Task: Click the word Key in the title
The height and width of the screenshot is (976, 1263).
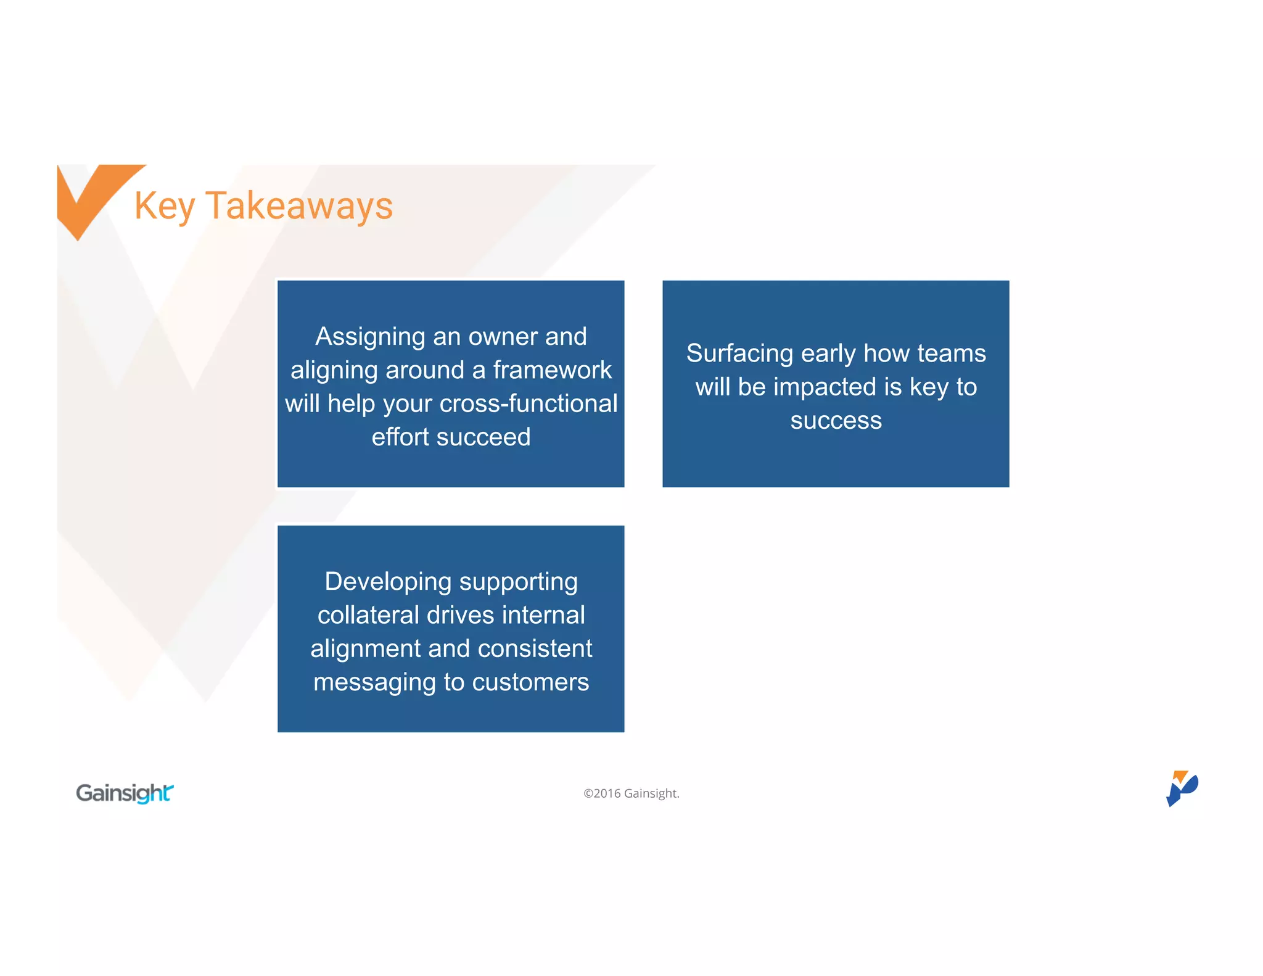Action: click(x=165, y=206)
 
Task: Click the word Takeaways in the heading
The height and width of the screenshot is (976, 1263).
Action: click(x=299, y=206)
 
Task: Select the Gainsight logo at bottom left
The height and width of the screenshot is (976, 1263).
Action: click(x=125, y=793)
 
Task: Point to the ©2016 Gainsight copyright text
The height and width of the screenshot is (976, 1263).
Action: click(x=631, y=793)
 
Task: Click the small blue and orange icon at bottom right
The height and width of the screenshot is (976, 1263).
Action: click(x=1182, y=788)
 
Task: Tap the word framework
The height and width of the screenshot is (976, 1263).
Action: click(x=552, y=370)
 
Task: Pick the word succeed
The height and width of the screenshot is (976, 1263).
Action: click(x=483, y=437)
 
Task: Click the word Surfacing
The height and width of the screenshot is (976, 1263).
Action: click(x=739, y=354)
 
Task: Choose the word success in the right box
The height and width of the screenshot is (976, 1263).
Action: click(x=836, y=421)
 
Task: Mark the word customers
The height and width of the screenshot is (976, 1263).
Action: click(x=530, y=682)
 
